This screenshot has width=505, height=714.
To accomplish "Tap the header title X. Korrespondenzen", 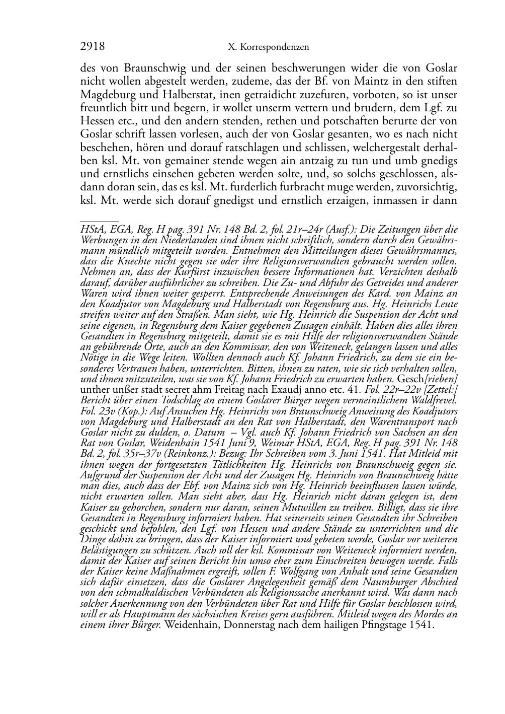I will [x=268, y=47].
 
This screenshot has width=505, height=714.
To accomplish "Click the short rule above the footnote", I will [x=99, y=221].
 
